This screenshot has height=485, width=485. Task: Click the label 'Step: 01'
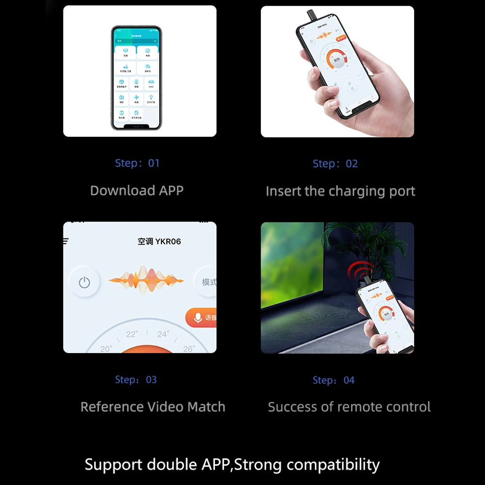(x=137, y=163)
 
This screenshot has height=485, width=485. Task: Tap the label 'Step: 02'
(x=335, y=164)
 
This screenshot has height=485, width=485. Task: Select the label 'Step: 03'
(x=136, y=380)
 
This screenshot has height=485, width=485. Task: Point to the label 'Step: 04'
(x=334, y=380)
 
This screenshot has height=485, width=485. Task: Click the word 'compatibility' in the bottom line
(x=333, y=464)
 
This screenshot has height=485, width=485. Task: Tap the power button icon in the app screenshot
(x=84, y=282)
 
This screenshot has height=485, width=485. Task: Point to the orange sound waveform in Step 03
(x=146, y=280)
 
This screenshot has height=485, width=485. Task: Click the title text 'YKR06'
(x=168, y=242)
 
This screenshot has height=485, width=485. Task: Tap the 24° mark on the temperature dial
(x=163, y=334)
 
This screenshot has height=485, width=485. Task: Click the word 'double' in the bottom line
(x=173, y=464)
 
